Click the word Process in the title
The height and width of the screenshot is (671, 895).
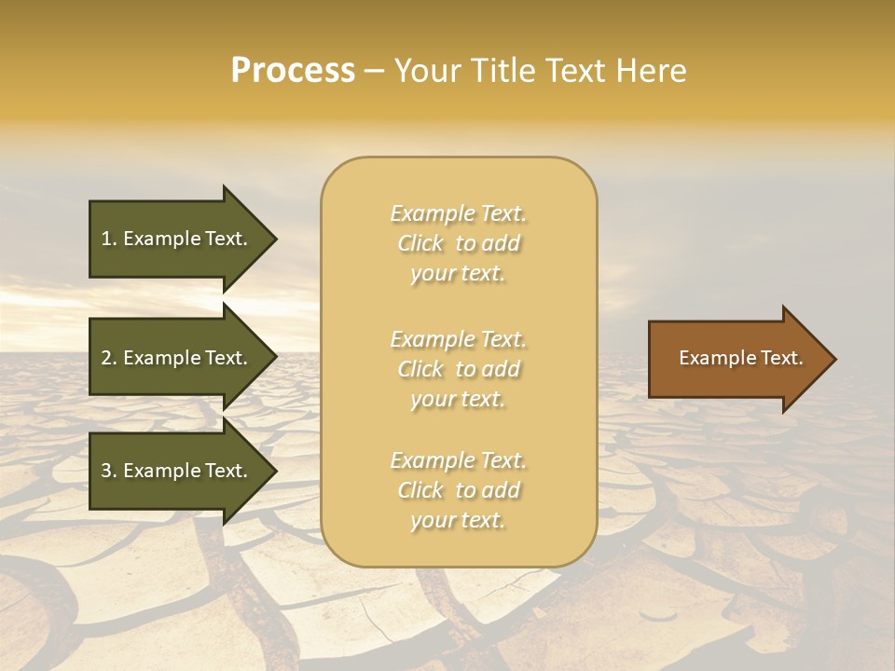293,71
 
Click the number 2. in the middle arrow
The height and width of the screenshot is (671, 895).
108,358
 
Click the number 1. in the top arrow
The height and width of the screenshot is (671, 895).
108,239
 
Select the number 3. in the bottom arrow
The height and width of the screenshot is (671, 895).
108,471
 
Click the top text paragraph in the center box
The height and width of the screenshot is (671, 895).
458,243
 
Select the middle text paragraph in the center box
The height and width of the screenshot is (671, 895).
458,369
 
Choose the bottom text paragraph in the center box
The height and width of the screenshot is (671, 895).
458,490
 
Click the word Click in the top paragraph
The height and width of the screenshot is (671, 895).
420,244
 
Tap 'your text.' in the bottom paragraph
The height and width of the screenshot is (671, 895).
458,521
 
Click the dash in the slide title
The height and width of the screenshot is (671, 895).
374,72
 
